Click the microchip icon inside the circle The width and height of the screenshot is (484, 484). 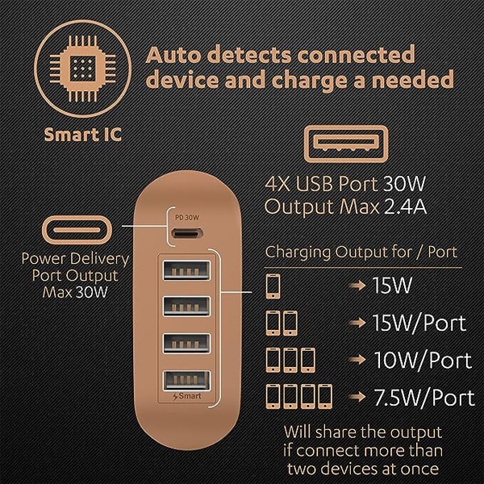point(83,69)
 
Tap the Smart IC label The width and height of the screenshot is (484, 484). point(83,135)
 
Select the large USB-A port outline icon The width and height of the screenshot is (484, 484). point(346,144)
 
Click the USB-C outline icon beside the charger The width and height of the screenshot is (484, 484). point(77,230)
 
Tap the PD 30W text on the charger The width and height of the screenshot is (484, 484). point(187,218)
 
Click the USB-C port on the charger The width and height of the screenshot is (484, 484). point(187,233)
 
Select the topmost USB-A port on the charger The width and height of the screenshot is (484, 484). point(187,270)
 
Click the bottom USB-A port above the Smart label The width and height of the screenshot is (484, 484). point(187,381)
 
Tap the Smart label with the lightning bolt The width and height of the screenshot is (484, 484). point(187,396)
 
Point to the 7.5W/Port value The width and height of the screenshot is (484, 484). point(424,398)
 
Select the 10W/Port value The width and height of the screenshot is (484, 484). point(423,360)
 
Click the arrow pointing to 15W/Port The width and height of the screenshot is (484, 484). point(358,323)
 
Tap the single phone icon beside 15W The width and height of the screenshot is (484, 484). point(273,286)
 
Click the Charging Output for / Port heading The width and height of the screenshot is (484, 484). point(361,252)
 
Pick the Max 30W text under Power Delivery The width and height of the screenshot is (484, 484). point(75,292)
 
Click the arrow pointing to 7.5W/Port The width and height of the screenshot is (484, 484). point(358,397)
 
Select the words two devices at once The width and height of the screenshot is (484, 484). point(363,469)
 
